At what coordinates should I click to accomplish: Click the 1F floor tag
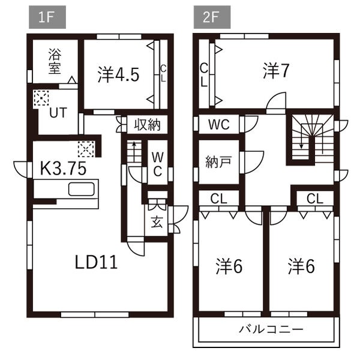(x=47, y=17)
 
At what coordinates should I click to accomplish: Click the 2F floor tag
(x=212, y=17)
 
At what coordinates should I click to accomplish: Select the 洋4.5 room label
(x=118, y=75)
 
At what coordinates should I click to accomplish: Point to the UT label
(x=58, y=113)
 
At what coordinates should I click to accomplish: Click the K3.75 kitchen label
(x=63, y=168)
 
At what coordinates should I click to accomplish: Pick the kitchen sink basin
(x=81, y=189)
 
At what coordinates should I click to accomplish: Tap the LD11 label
(x=97, y=262)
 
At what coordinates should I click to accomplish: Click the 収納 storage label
(x=147, y=125)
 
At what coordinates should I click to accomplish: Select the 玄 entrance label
(x=157, y=221)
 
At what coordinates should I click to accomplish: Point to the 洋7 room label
(x=276, y=71)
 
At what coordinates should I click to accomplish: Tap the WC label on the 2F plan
(x=219, y=124)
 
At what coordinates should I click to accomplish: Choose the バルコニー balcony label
(x=271, y=329)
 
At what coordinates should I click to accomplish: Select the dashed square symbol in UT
(x=41, y=98)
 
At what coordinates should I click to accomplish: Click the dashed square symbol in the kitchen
(x=86, y=149)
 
